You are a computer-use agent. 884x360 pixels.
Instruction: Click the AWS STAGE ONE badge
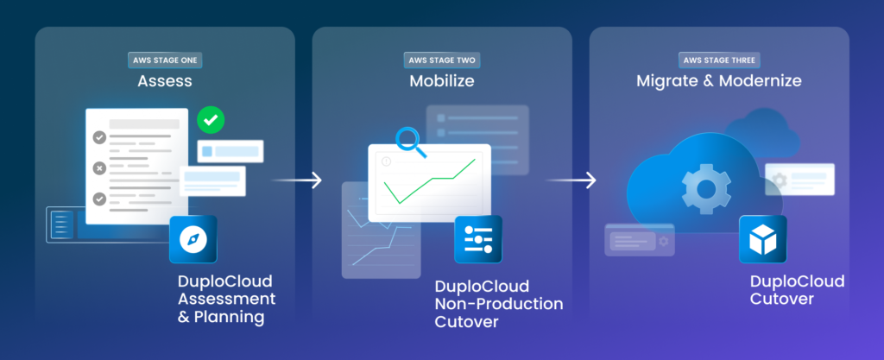(x=164, y=60)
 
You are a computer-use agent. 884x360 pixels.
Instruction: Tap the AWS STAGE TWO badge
(x=442, y=60)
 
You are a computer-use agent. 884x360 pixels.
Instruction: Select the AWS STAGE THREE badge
(x=718, y=60)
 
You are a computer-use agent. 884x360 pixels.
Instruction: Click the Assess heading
(x=164, y=82)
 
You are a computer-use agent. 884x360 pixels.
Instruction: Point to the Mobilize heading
(x=442, y=82)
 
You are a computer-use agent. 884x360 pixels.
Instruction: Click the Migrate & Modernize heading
(x=719, y=82)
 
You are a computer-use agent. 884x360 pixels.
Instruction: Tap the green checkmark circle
(x=210, y=121)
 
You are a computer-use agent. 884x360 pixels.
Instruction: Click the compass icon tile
(x=193, y=239)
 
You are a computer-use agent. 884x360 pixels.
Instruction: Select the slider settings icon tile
(x=478, y=239)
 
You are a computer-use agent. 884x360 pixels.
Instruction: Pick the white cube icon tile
(x=762, y=239)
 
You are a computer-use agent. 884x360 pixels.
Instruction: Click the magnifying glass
(x=407, y=141)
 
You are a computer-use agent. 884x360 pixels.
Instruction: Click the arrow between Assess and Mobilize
(x=298, y=180)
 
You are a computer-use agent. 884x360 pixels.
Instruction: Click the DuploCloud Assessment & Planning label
(x=226, y=300)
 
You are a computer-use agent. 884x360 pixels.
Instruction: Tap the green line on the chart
(x=432, y=181)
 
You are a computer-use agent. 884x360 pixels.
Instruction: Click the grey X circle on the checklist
(x=100, y=167)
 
